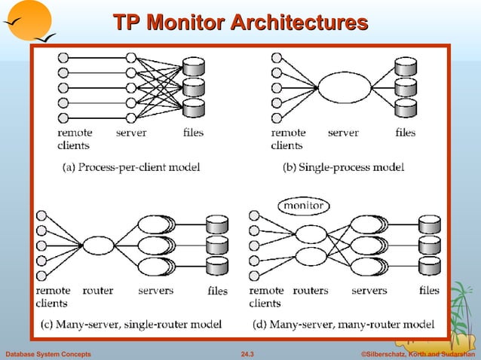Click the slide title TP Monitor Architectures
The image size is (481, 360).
240,23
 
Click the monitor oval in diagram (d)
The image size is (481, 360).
302,205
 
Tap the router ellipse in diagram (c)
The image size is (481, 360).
98,246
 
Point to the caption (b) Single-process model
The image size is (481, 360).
343,167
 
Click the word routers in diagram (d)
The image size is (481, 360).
310,290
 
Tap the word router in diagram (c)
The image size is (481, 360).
97,290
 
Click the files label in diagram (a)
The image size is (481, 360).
193,133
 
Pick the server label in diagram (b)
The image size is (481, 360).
343,133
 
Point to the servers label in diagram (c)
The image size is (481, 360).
155,290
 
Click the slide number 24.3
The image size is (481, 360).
247,353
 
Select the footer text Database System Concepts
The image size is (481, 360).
48,353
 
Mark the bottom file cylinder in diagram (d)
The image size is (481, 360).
430,265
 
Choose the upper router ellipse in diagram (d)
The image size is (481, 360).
311,233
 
